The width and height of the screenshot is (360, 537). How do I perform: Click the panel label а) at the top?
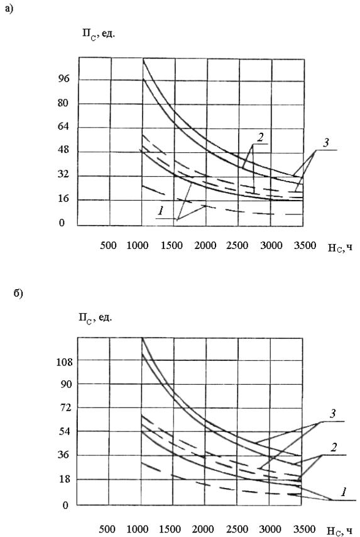point(9,9)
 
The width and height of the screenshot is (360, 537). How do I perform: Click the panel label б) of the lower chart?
point(18,294)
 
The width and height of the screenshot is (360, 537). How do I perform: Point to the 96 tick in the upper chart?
point(63,79)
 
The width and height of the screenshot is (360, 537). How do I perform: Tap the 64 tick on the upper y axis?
point(63,126)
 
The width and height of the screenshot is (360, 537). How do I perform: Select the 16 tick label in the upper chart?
point(63,199)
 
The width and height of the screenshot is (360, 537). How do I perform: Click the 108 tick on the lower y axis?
point(65,362)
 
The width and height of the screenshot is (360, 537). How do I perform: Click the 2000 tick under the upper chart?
point(205,245)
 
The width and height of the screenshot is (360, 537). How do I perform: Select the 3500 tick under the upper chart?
point(305,245)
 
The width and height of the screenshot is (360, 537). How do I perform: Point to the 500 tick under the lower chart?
point(107,529)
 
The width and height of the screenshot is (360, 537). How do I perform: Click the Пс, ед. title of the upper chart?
point(98,34)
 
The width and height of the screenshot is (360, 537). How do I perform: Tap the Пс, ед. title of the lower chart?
point(95,318)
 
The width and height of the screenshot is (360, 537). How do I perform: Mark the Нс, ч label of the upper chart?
point(340,247)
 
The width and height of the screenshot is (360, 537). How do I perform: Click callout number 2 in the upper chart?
point(260,137)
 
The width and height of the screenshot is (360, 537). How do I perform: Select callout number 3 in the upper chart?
point(326,142)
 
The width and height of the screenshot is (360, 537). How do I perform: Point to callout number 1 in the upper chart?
point(160,211)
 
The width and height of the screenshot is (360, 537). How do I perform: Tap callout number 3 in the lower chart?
point(333,414)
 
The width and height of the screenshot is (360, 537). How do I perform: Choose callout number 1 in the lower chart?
point(344,492)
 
